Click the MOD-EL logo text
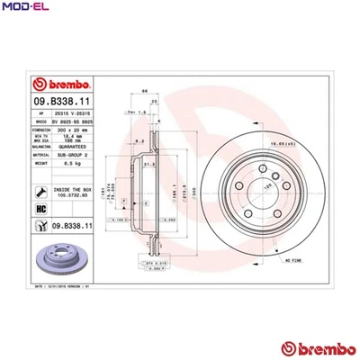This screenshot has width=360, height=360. click(22, 9)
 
